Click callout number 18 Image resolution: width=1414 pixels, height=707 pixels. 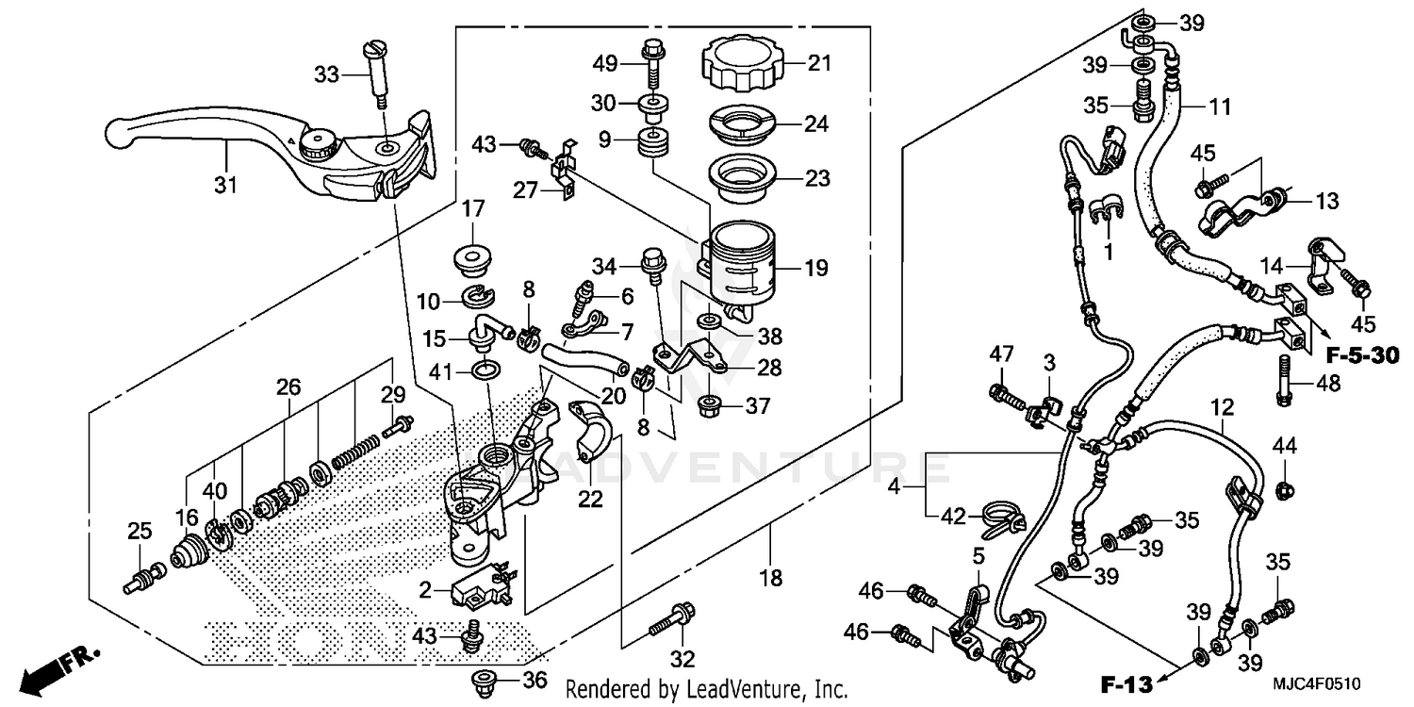pos(772,578)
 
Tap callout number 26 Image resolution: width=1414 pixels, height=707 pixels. pos(288,386)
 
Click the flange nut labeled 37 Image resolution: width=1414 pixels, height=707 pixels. pos(707,407)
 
